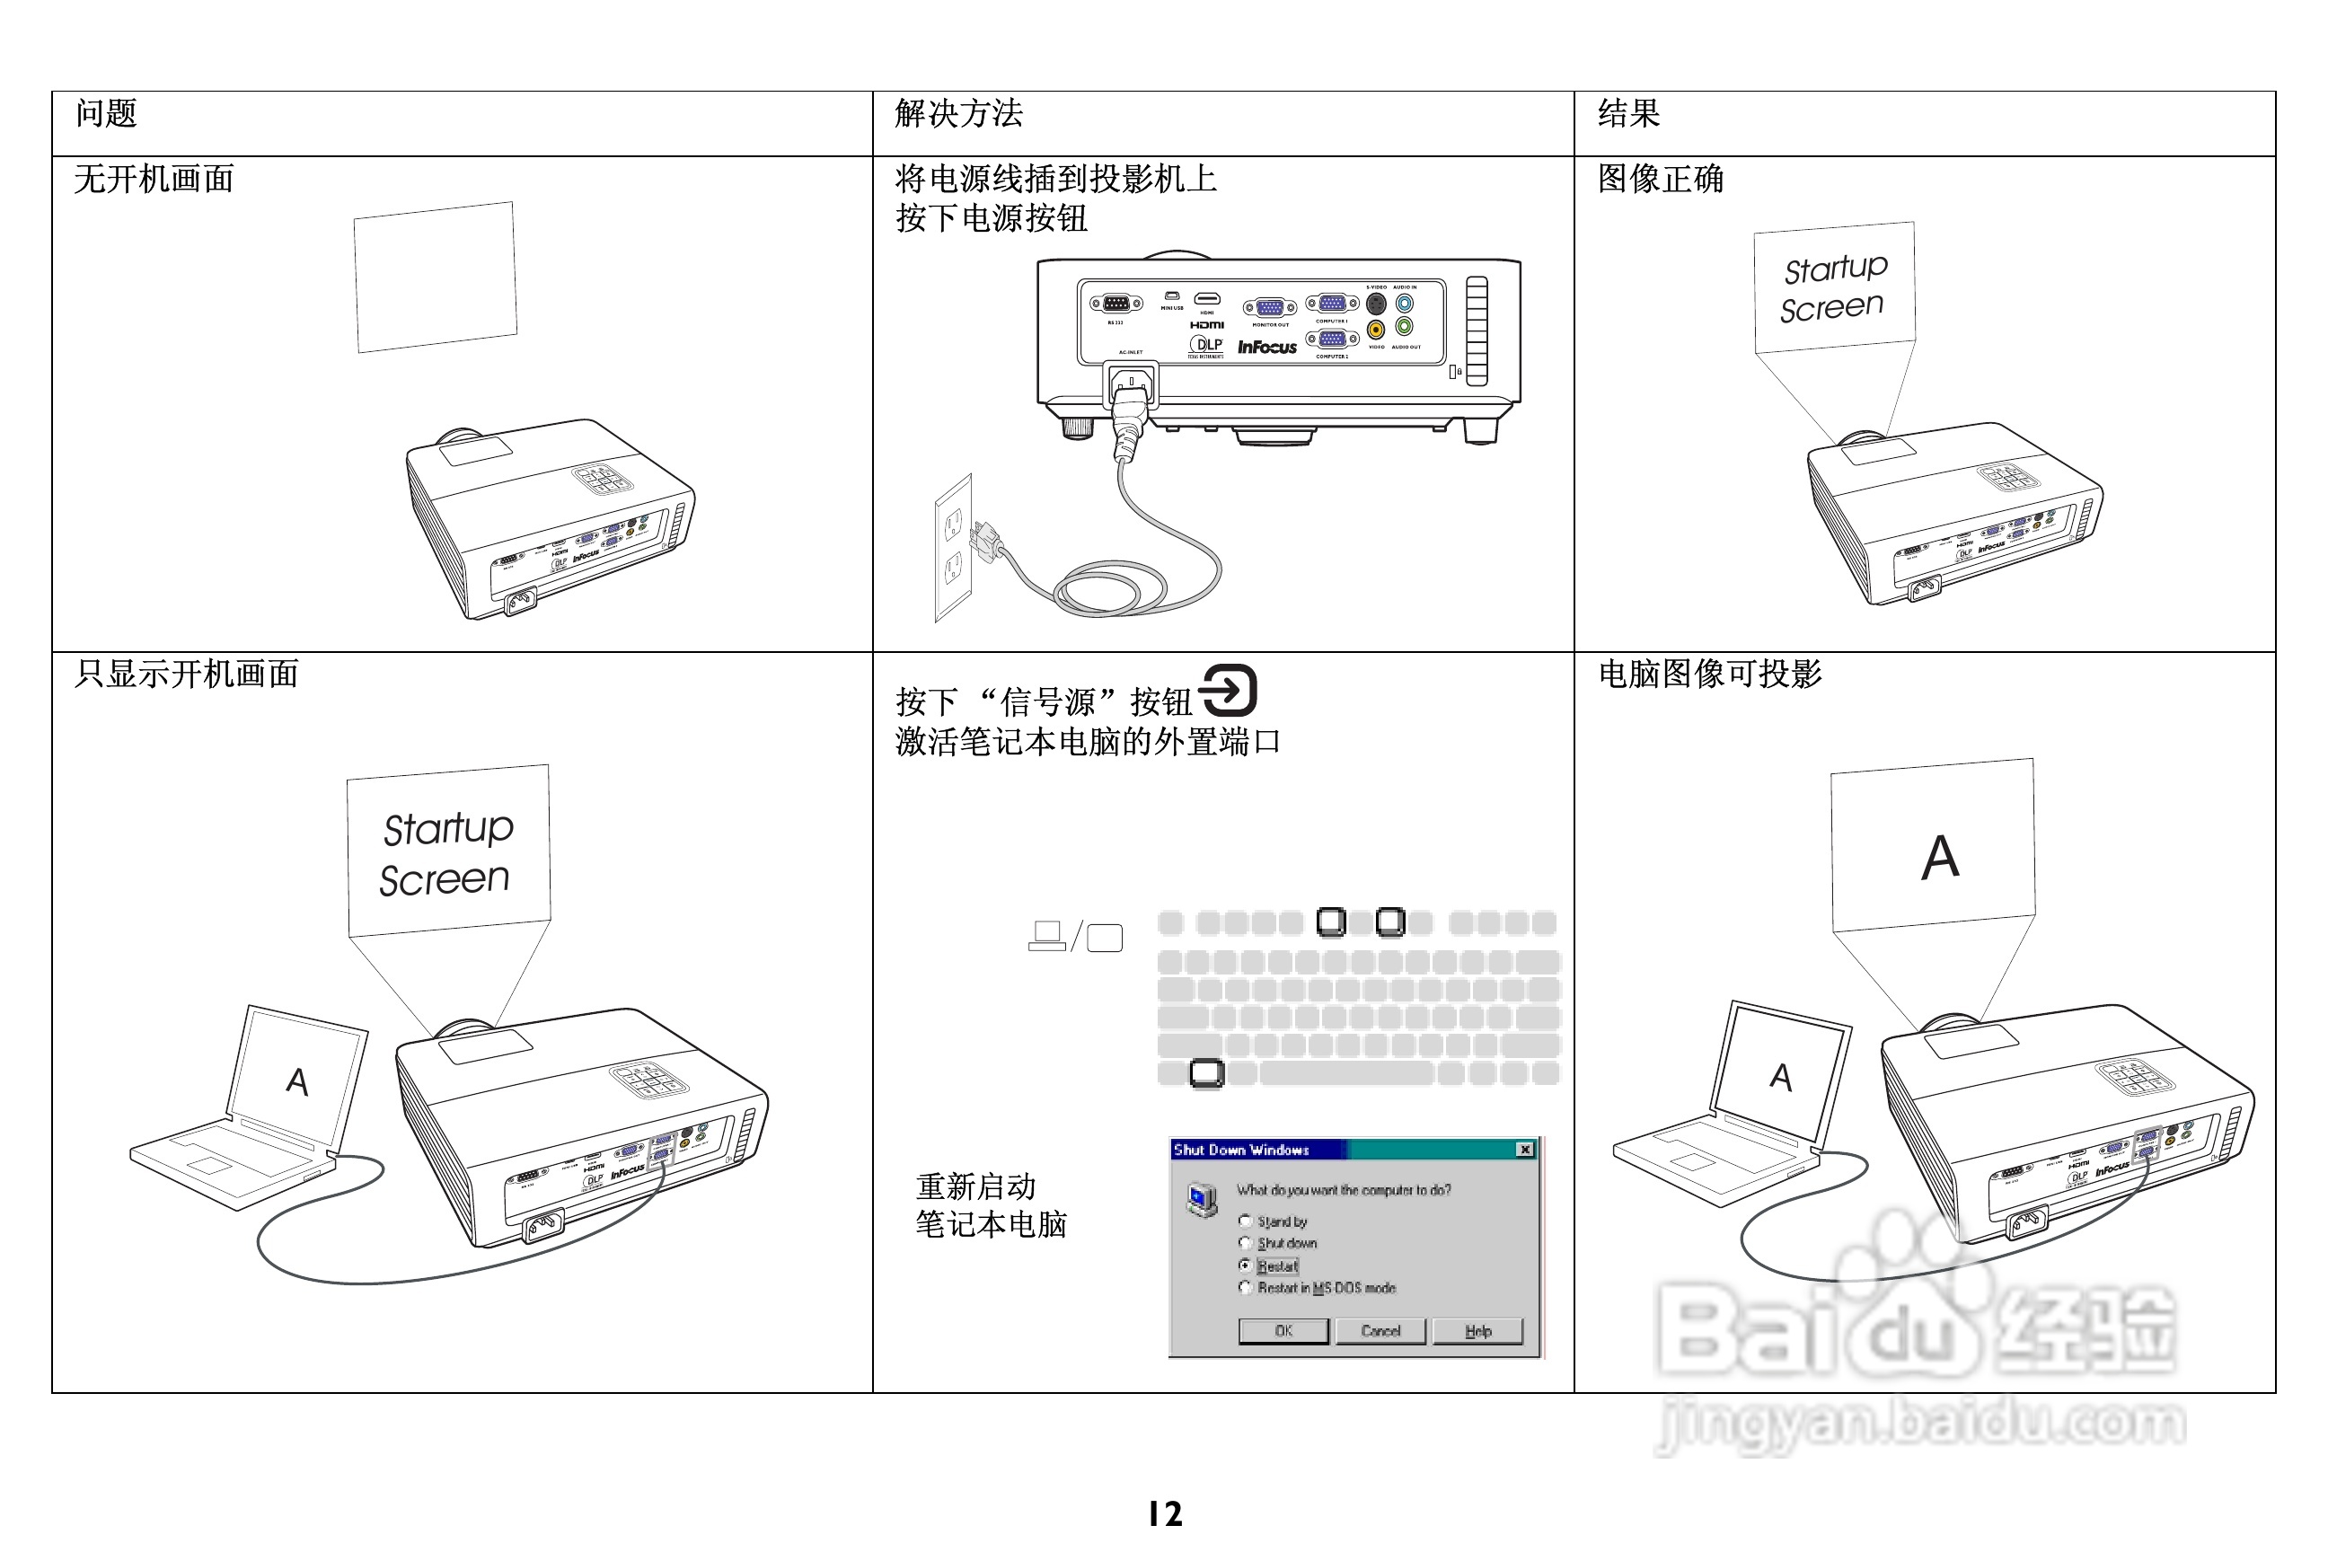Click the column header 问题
coord(106,114)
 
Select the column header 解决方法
coord(958,114)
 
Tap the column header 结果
coord(1628,114)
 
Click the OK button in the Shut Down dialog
coord(1283,1331)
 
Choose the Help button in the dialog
coord(1477,1331)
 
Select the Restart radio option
coord(1245,1266)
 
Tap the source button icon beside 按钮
coord(1229,690)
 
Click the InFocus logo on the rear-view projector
coord(1267,348)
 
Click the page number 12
coord(1165,1513)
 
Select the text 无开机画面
coord(154,179)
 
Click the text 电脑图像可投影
coord(1709,674)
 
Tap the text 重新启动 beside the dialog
coord(975,1186)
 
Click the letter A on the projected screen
coord(1940,857)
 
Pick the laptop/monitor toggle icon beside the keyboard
coord(1075,935)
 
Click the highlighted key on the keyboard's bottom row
coord(1206,1072)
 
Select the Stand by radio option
coord(1245,1221)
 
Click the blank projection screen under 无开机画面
coord(436,278)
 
